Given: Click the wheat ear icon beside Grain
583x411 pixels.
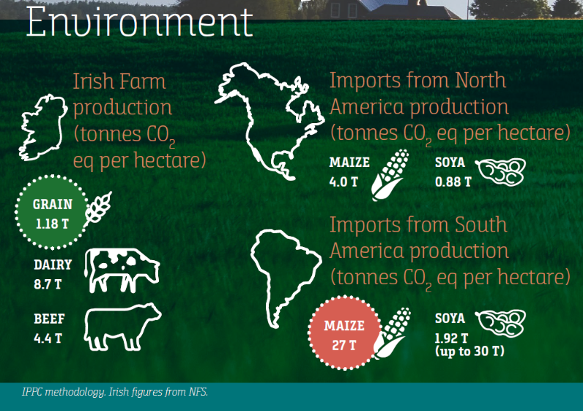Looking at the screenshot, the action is [98, 209].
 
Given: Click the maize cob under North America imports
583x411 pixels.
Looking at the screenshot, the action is [390, 175].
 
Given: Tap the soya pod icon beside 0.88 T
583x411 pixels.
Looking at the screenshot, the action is [501, 172].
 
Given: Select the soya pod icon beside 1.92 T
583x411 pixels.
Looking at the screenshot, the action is [501, 324].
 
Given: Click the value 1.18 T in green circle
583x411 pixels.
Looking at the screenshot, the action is [53, 224].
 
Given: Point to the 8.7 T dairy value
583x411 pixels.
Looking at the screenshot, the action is [48, 284].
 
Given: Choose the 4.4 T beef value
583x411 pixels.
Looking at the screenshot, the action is [48, 338].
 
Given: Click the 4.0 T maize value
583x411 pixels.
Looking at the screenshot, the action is [344, 182].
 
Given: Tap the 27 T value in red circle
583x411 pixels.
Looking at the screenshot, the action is [344, 345].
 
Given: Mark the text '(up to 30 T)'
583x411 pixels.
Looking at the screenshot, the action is [469, 351].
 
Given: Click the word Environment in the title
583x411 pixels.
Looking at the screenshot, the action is [140, 21].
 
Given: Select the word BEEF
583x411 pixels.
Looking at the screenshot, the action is [49, 319].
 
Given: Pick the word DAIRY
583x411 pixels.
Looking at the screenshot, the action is [53, 264].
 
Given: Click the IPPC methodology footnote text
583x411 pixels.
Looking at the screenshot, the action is [115, 392].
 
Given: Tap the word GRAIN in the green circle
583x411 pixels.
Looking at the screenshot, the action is [53, 204].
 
